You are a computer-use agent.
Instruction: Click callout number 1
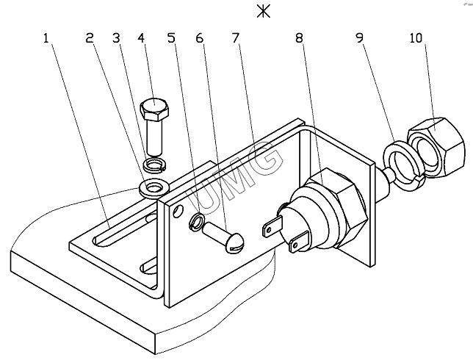[x=46, y=38]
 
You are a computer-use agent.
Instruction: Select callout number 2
[x=90, y=38]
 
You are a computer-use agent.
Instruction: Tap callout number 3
[x=117, y=38]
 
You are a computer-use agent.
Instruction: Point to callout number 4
[x=141, y=38]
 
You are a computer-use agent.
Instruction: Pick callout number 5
[x=171, y=38]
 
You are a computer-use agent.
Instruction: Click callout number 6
[x=199, y=38]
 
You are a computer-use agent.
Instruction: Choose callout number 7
[x=236, y=38]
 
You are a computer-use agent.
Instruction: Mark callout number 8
[x=299, y=38]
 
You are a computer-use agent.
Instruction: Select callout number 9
[x=360, y=38]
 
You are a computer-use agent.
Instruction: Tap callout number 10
[x=416, y=38]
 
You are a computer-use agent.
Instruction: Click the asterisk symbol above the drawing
[x=264, y=12]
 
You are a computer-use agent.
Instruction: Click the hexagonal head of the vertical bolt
[x=154, y=108]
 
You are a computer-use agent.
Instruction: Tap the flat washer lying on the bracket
[x=154, y=189]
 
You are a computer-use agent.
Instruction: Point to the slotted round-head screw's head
[x=235, y=243]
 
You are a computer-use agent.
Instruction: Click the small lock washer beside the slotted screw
[x=196, y=222]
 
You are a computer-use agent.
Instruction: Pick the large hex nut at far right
[x=435, y=148]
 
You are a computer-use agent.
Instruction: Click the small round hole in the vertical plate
[x=178, y=211]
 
